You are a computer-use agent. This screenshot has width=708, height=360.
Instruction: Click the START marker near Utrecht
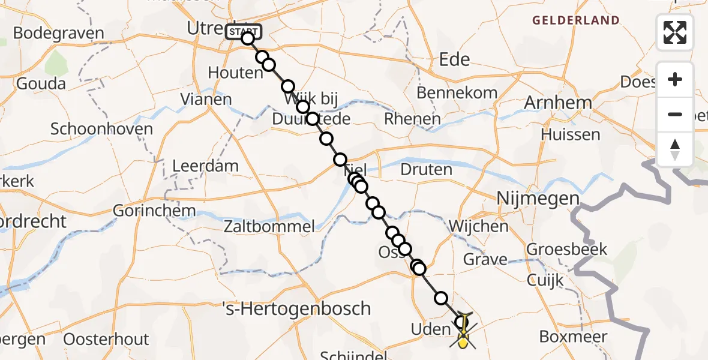tap(243, 31)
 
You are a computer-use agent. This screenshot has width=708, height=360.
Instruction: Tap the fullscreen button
tap(675, 32)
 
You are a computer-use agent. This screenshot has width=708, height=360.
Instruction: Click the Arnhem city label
tap(558, 103)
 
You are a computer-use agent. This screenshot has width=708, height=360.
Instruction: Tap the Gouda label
tap(41, 83)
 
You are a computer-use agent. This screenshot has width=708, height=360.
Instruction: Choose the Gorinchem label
tap(154, 211)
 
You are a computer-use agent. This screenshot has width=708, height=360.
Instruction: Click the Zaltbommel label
tap(269, 226)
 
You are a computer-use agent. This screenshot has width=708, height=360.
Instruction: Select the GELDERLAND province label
tap(576, 20)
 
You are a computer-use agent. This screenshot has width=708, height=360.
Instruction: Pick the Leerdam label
tap(205, 166)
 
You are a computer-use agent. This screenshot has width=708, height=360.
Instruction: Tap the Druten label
tap(426, 169)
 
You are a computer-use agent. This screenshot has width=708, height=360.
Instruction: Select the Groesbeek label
tap(567, 249)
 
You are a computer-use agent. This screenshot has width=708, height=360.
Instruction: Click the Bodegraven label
tap(58, 33)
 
